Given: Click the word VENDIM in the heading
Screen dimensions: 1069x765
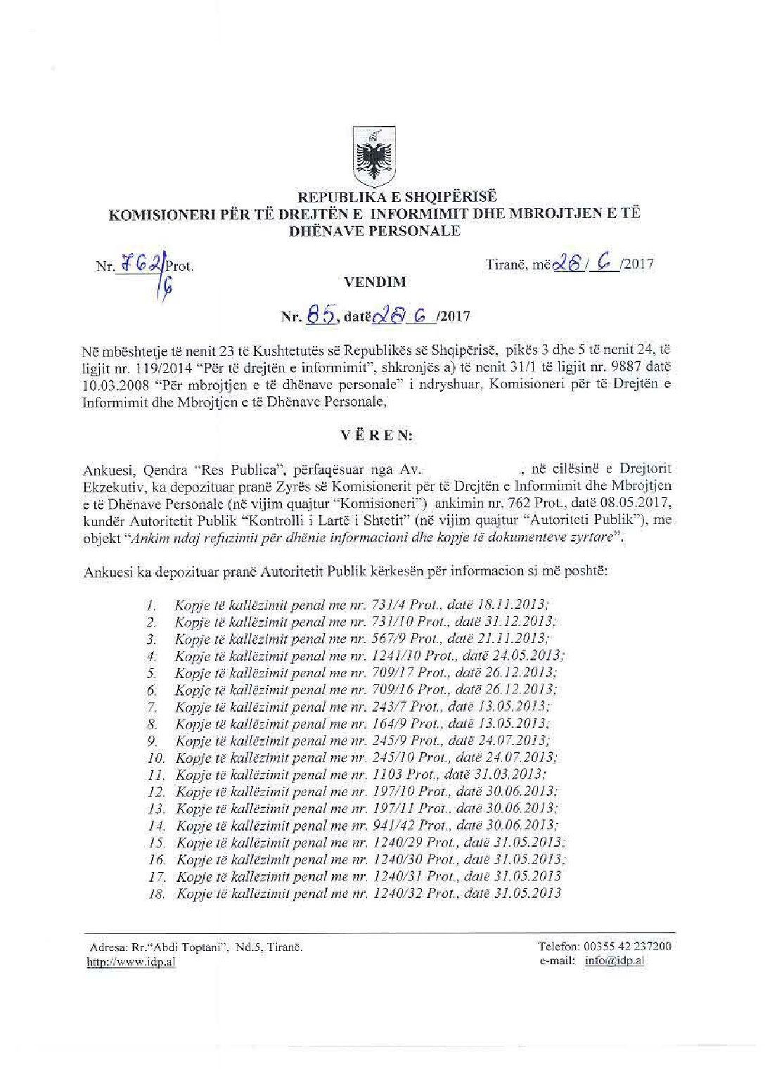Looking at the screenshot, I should (x=374, y=282).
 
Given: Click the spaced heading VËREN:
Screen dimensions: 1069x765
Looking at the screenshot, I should (x=377, y=435).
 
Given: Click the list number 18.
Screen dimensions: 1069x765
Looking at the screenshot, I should (x=156, y=894).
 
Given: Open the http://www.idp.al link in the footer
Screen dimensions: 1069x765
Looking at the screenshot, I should (x=131, y=963).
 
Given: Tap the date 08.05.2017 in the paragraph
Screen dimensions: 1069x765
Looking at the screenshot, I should (x=629, y=502).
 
